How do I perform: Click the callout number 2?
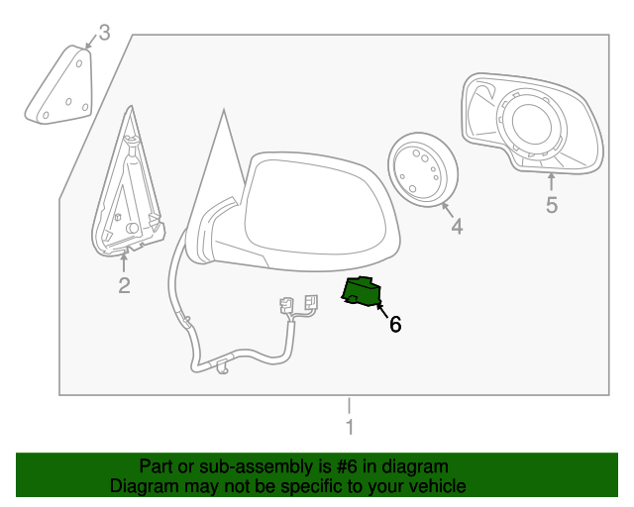[124, 286]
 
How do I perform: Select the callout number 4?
[457, 227]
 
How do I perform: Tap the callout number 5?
[552, 205]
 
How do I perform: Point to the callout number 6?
[395, 324]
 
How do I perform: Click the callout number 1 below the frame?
[349, 428]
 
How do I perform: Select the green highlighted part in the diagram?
[361, 292]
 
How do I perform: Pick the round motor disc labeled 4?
[420, 170]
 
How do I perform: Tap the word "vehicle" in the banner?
[436, 486]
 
